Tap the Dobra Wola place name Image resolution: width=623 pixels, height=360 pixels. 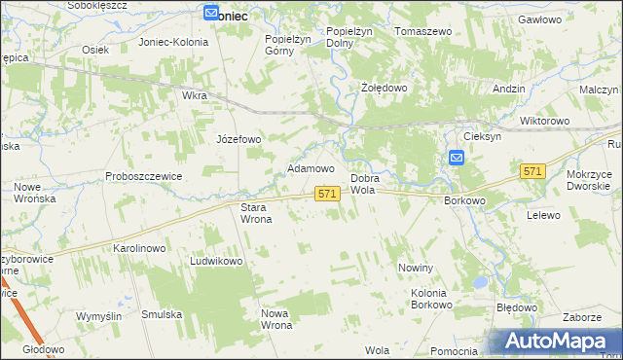[363, 185]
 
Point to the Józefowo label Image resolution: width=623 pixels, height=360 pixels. [238, 139]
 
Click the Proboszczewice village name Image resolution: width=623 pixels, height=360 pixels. [144, 176]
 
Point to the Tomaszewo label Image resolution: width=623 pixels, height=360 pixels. [423, 31]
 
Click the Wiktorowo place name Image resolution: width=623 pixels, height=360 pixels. [544, 121]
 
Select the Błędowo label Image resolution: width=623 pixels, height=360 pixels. [517, 307]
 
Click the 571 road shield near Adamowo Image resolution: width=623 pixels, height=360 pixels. [327, 195]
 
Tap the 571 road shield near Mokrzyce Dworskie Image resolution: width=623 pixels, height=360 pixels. [531, 171]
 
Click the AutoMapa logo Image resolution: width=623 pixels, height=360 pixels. [556, 341]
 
